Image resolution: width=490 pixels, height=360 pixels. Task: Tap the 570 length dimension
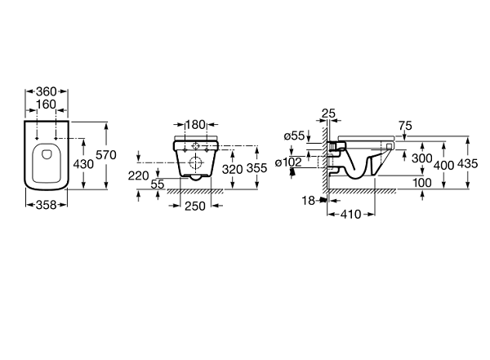coord(107,155)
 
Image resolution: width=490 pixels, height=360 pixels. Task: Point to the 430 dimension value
coord(84,163)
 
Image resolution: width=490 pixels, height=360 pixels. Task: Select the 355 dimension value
coord(258,168)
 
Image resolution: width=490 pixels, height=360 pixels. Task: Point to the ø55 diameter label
coord(296,136)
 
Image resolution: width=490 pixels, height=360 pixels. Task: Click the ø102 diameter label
coord(291,162)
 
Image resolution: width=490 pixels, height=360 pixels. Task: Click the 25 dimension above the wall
coord(329,112)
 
